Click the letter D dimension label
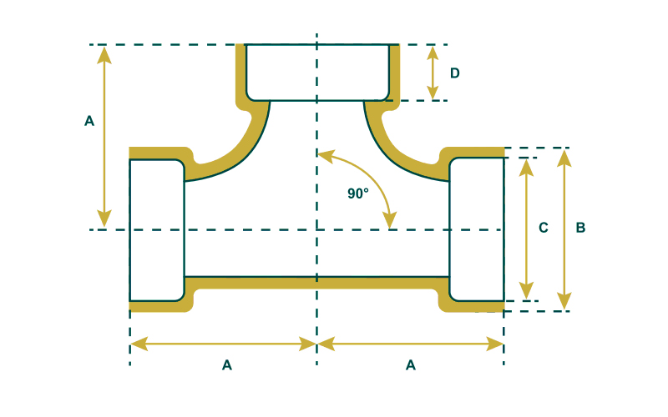click(x=455, y=73)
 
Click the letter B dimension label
click(x=580, y=227)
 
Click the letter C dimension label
click(x=543, y=227)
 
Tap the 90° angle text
click(x=358, y=193)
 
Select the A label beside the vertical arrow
click(x=89, y=121)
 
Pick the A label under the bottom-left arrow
click(x=226, y=364)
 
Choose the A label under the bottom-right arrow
click(x=410, y=364)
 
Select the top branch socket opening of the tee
click(x=317, y=72)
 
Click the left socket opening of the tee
click(x=156, y=229)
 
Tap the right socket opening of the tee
click(x=477, y=229)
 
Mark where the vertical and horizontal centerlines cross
click(x=317, y=229)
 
